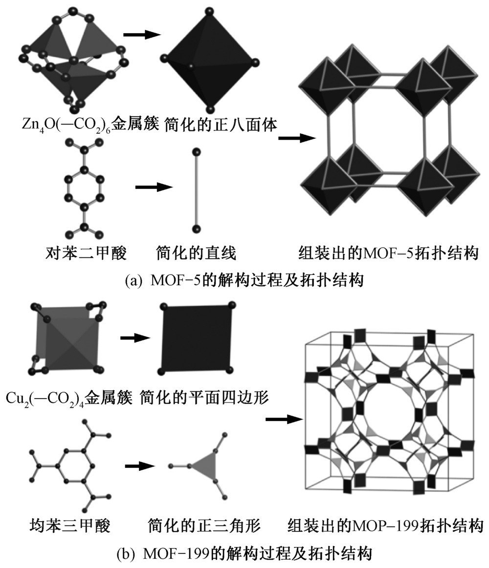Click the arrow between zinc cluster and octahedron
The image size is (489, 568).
point(142,35)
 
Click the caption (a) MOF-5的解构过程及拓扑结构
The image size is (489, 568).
point(244,281)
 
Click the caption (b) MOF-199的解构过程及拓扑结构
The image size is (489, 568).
point(244,554)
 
